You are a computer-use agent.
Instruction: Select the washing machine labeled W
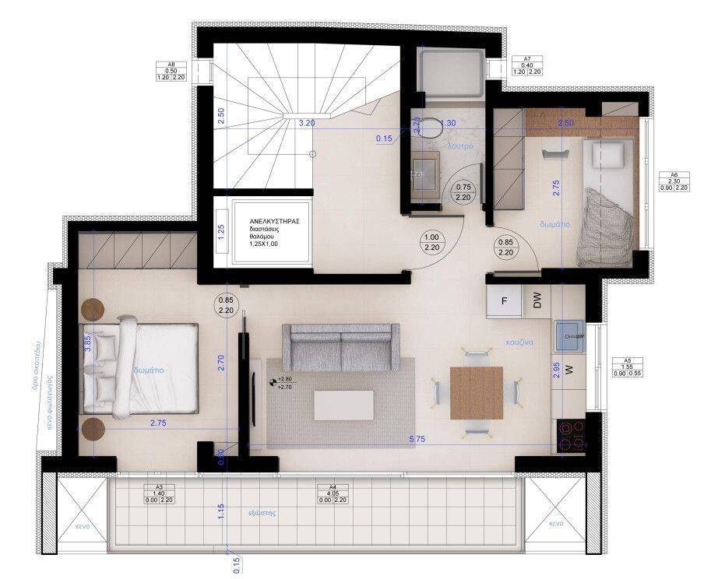coord(568,369)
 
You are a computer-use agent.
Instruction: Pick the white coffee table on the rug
coord(342,404)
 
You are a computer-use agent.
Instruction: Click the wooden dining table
coord(476,392)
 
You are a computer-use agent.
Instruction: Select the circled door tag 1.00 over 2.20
coord(430,243)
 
